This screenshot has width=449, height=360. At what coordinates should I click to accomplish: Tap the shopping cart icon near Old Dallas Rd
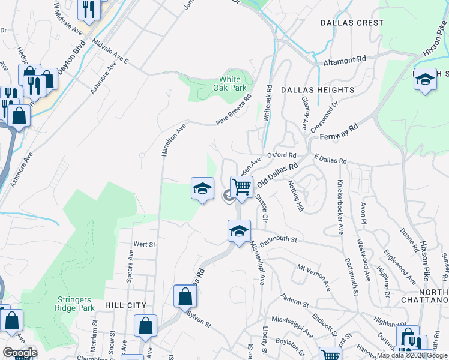[241, 187]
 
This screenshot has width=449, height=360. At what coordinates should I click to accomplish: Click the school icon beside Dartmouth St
[239, 231]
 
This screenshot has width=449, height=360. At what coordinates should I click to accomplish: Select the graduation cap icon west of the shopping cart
[203, 188]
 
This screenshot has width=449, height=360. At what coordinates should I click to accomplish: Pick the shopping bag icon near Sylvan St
[185, 296]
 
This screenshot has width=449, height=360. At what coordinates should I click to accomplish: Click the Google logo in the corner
[20, 353]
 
